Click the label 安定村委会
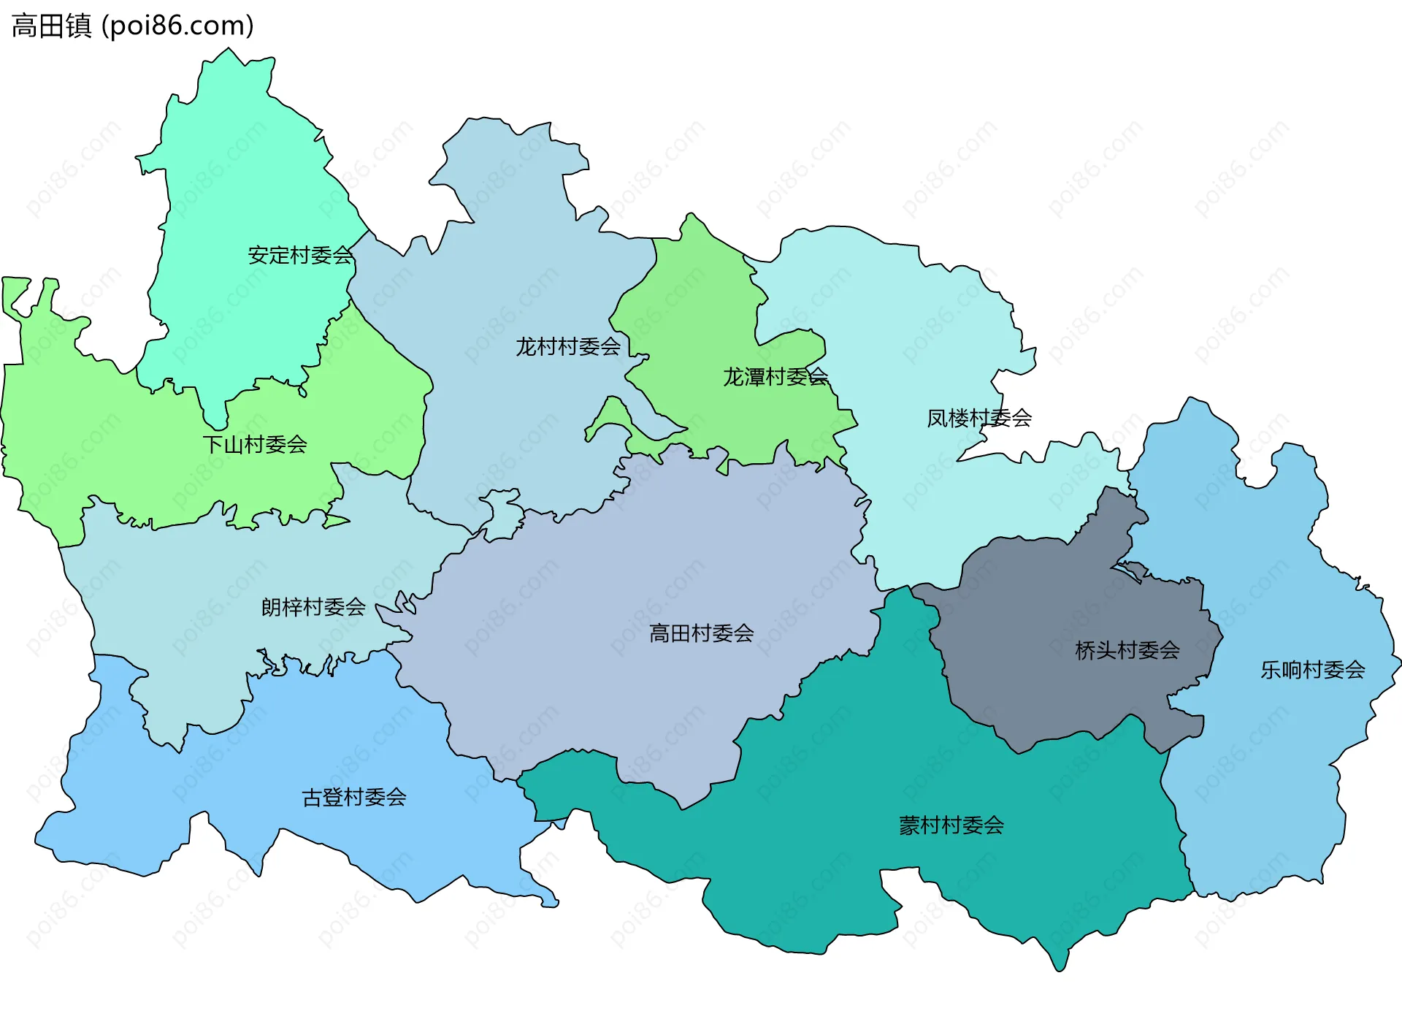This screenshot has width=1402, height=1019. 300,256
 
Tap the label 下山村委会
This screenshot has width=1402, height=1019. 255,444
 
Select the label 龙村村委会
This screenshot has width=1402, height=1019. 568,346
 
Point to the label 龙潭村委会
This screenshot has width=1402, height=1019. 775,377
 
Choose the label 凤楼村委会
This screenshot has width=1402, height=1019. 979,418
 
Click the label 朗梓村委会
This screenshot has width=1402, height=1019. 313,607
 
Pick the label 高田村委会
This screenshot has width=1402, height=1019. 702,633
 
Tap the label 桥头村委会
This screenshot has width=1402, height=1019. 1127,650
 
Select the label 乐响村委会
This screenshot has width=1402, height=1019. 1313,670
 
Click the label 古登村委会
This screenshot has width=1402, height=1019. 354,797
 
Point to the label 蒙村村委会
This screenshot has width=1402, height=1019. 951,825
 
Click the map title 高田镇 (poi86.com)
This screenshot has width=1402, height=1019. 133,26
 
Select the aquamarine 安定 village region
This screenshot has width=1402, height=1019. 241,183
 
